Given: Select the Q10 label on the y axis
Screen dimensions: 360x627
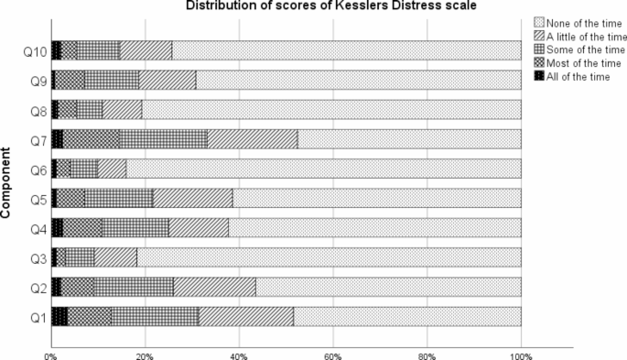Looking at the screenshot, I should [x=29, y=50].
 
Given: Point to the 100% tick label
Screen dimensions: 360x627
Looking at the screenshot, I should [x=521, y=352].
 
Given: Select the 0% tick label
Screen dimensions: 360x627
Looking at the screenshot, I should [x=50, y=352].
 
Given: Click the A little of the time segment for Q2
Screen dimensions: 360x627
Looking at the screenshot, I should [x=214, y=286].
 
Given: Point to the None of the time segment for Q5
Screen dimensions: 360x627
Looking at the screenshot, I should [x=376, y=198].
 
